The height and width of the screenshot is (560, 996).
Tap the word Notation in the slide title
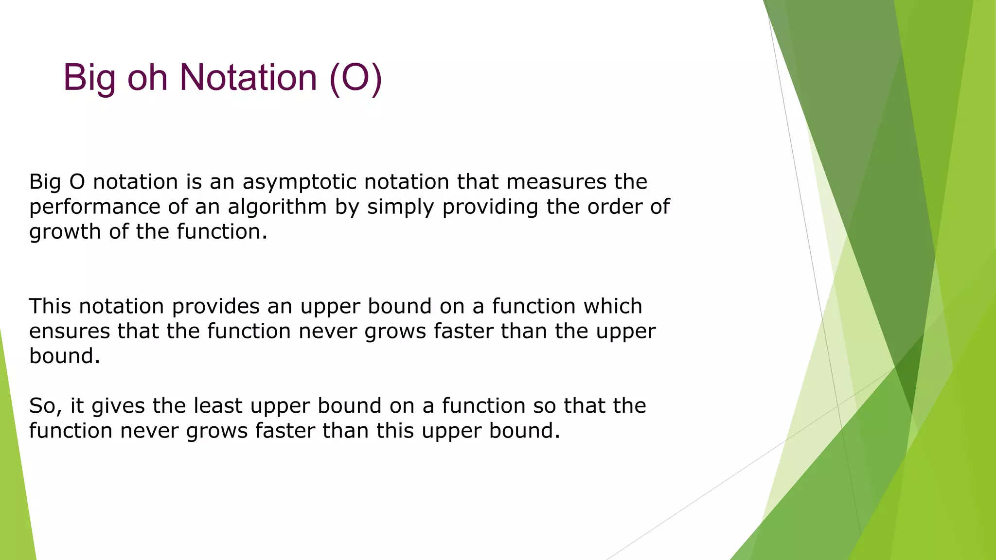[x=248, y=77]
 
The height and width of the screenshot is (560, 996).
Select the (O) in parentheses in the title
[x=356, y=77]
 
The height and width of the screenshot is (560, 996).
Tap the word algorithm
[x=277, y=207]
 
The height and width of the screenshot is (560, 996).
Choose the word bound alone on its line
[x=64, y=356]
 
